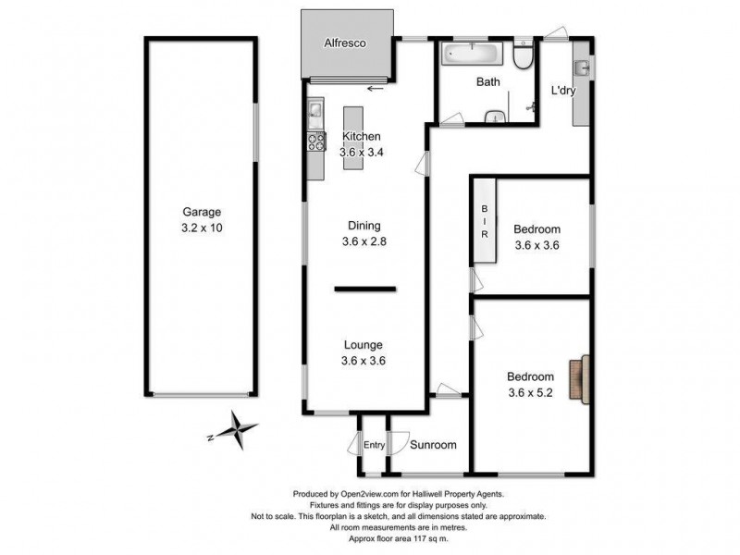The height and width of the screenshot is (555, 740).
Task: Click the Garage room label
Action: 201,211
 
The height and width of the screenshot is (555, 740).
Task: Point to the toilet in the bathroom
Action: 524,57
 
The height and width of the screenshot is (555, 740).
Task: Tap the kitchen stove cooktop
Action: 315,142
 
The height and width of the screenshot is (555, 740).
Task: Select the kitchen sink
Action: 314,112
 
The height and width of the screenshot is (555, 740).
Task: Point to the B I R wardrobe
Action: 484,222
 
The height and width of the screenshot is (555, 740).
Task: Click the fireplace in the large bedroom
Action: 579,380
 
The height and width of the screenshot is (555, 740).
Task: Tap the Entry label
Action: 373,446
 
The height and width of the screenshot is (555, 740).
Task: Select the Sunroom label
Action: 434,445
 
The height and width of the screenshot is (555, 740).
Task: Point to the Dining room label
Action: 364,225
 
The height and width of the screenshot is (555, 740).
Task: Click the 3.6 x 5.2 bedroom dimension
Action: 530,392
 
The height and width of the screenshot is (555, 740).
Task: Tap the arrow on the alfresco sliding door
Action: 375,89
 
